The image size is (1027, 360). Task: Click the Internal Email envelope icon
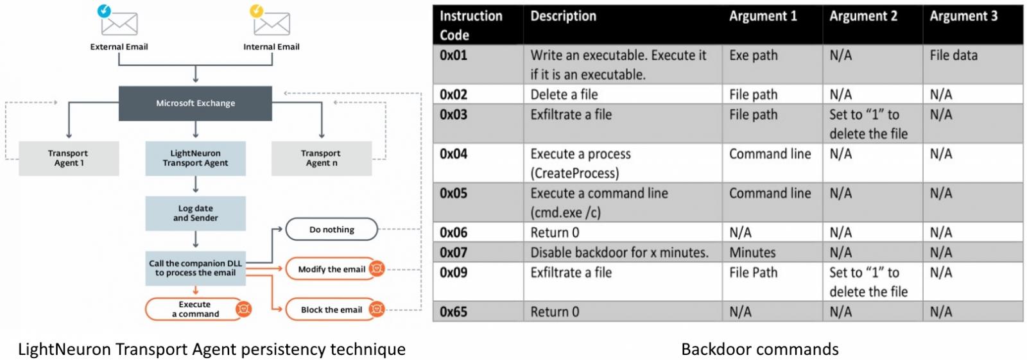(271, 23)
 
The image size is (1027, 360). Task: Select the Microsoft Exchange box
(195, 103)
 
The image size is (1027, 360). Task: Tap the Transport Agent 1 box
(68, 158)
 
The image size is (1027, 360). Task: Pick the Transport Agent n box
(321, 158)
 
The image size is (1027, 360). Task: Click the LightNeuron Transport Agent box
(195, 158)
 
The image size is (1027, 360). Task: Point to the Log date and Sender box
(195, 213)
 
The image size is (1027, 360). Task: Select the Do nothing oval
(331, 230)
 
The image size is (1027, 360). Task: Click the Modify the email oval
(332, 270)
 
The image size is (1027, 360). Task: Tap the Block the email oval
(332, 310)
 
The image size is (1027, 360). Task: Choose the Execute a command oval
(195, 309)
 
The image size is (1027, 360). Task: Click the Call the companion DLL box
(195, 268)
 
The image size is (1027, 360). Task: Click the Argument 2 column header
(863, 17)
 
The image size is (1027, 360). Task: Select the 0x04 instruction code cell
(453, 154)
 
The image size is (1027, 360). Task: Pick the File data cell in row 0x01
(953, 56)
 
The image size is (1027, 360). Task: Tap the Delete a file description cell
(564, 95)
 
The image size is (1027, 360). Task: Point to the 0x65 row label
(453, 312)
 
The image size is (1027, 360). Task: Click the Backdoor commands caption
(759, 349)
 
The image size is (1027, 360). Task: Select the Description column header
(563, 17)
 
